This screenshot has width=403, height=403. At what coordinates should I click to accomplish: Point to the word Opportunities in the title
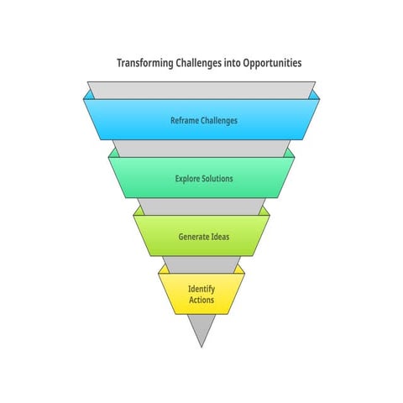click(x=272, y=63)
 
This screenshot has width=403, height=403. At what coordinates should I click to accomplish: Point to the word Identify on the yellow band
click(x=201, y=289)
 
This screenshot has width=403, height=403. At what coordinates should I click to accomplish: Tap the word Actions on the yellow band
click(x=201, y=300)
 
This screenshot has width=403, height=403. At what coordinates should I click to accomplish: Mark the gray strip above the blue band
click(x=201, y=90)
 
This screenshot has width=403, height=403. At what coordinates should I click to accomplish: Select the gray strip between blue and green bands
click(x=201, y=149)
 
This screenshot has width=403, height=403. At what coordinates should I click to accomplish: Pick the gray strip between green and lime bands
click(x=201, y=207)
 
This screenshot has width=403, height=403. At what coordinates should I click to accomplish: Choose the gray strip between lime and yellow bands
click(x=201, y=264)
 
